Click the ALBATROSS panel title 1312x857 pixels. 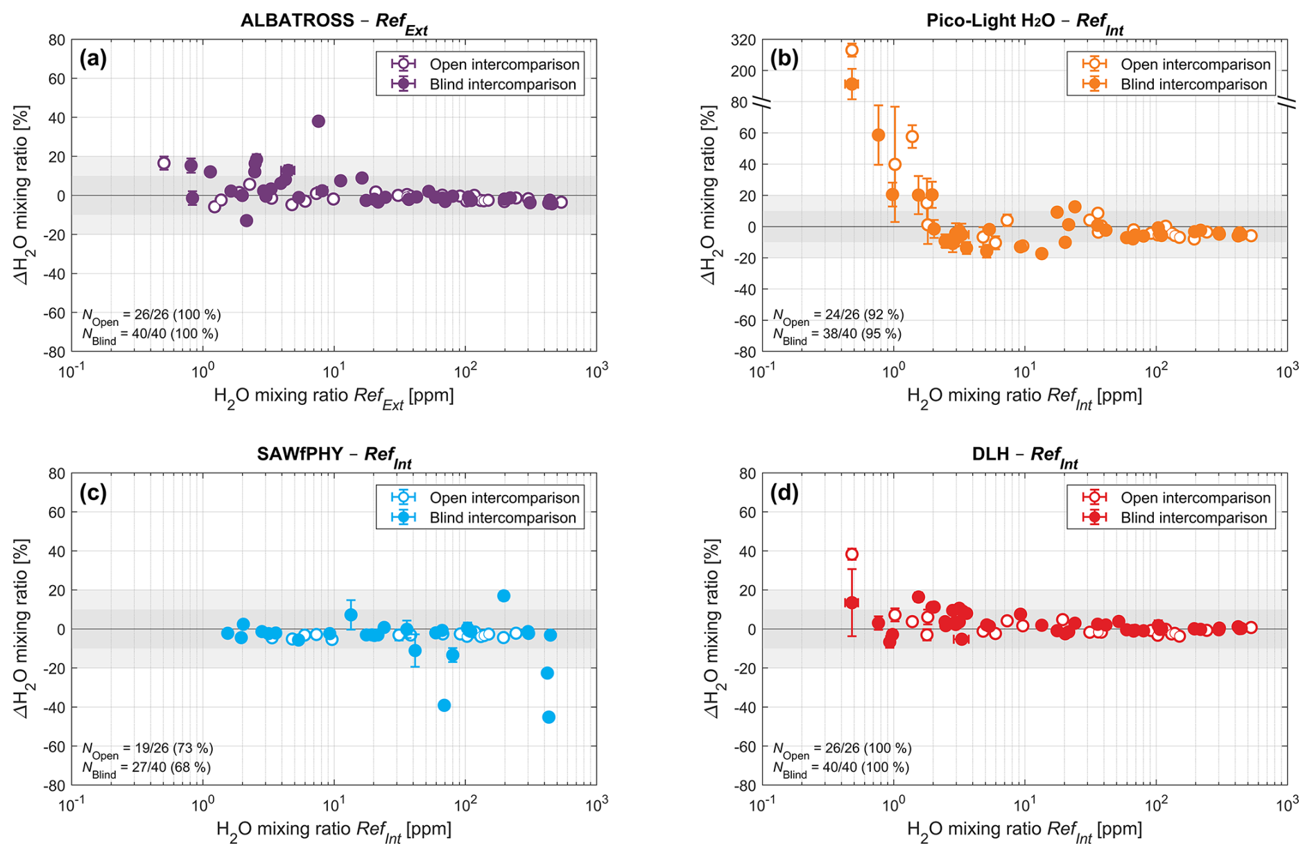(334, 21)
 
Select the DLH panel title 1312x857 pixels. (1024, 456)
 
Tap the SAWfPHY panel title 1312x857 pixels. (334, 456)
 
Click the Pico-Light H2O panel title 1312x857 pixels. (1024, 21)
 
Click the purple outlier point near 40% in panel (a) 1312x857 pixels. (318, 121)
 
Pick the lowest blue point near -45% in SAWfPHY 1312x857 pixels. (549, 717)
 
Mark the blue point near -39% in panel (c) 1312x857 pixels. (444, 705)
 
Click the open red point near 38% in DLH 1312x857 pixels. (852, 554)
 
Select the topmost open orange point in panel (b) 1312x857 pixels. (852, 50)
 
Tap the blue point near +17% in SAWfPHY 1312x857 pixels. (503, 596)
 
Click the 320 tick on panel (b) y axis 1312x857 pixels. (743, 40)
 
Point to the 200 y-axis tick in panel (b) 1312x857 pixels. (743, 71)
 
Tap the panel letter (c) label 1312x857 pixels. (94, 492)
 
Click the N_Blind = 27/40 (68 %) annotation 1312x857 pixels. (146, 768)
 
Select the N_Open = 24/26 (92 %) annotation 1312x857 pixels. (838, 316)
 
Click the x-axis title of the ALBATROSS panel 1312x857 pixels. (334, 397)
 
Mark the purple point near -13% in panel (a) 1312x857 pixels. (246, 220)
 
